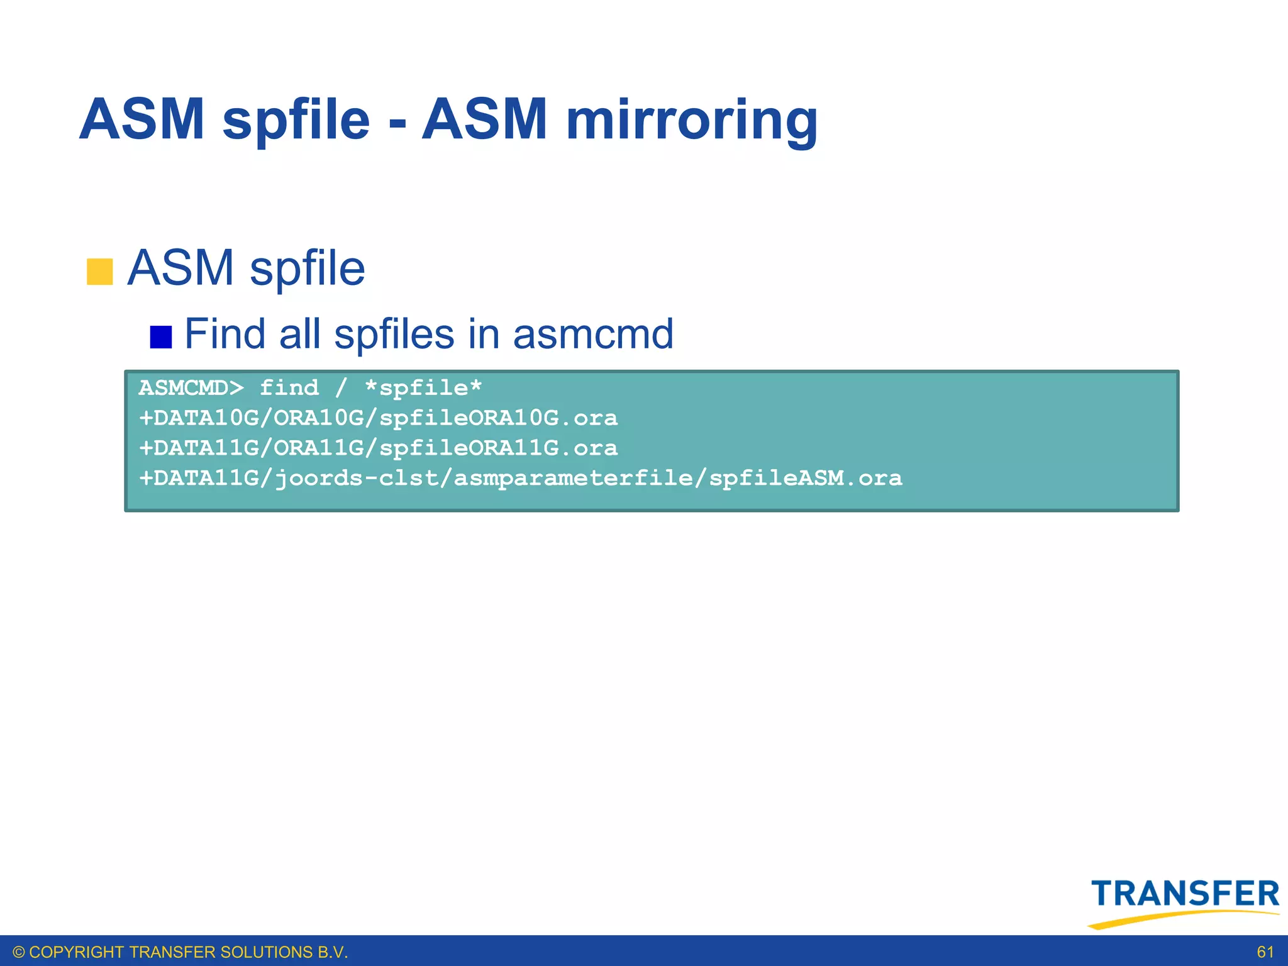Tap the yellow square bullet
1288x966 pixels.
99,272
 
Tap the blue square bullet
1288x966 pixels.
161,337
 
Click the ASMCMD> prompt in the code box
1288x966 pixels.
191,387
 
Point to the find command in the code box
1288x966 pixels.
289,387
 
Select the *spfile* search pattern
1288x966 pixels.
423,387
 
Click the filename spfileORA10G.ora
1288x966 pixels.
498,418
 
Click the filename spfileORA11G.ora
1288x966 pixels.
498,448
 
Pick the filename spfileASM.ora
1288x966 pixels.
805,479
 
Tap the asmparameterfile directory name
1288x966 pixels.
574,479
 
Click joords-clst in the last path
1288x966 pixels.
357,479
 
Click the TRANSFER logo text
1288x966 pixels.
1185,894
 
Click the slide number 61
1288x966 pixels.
1265,952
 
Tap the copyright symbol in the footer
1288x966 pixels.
19,952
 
